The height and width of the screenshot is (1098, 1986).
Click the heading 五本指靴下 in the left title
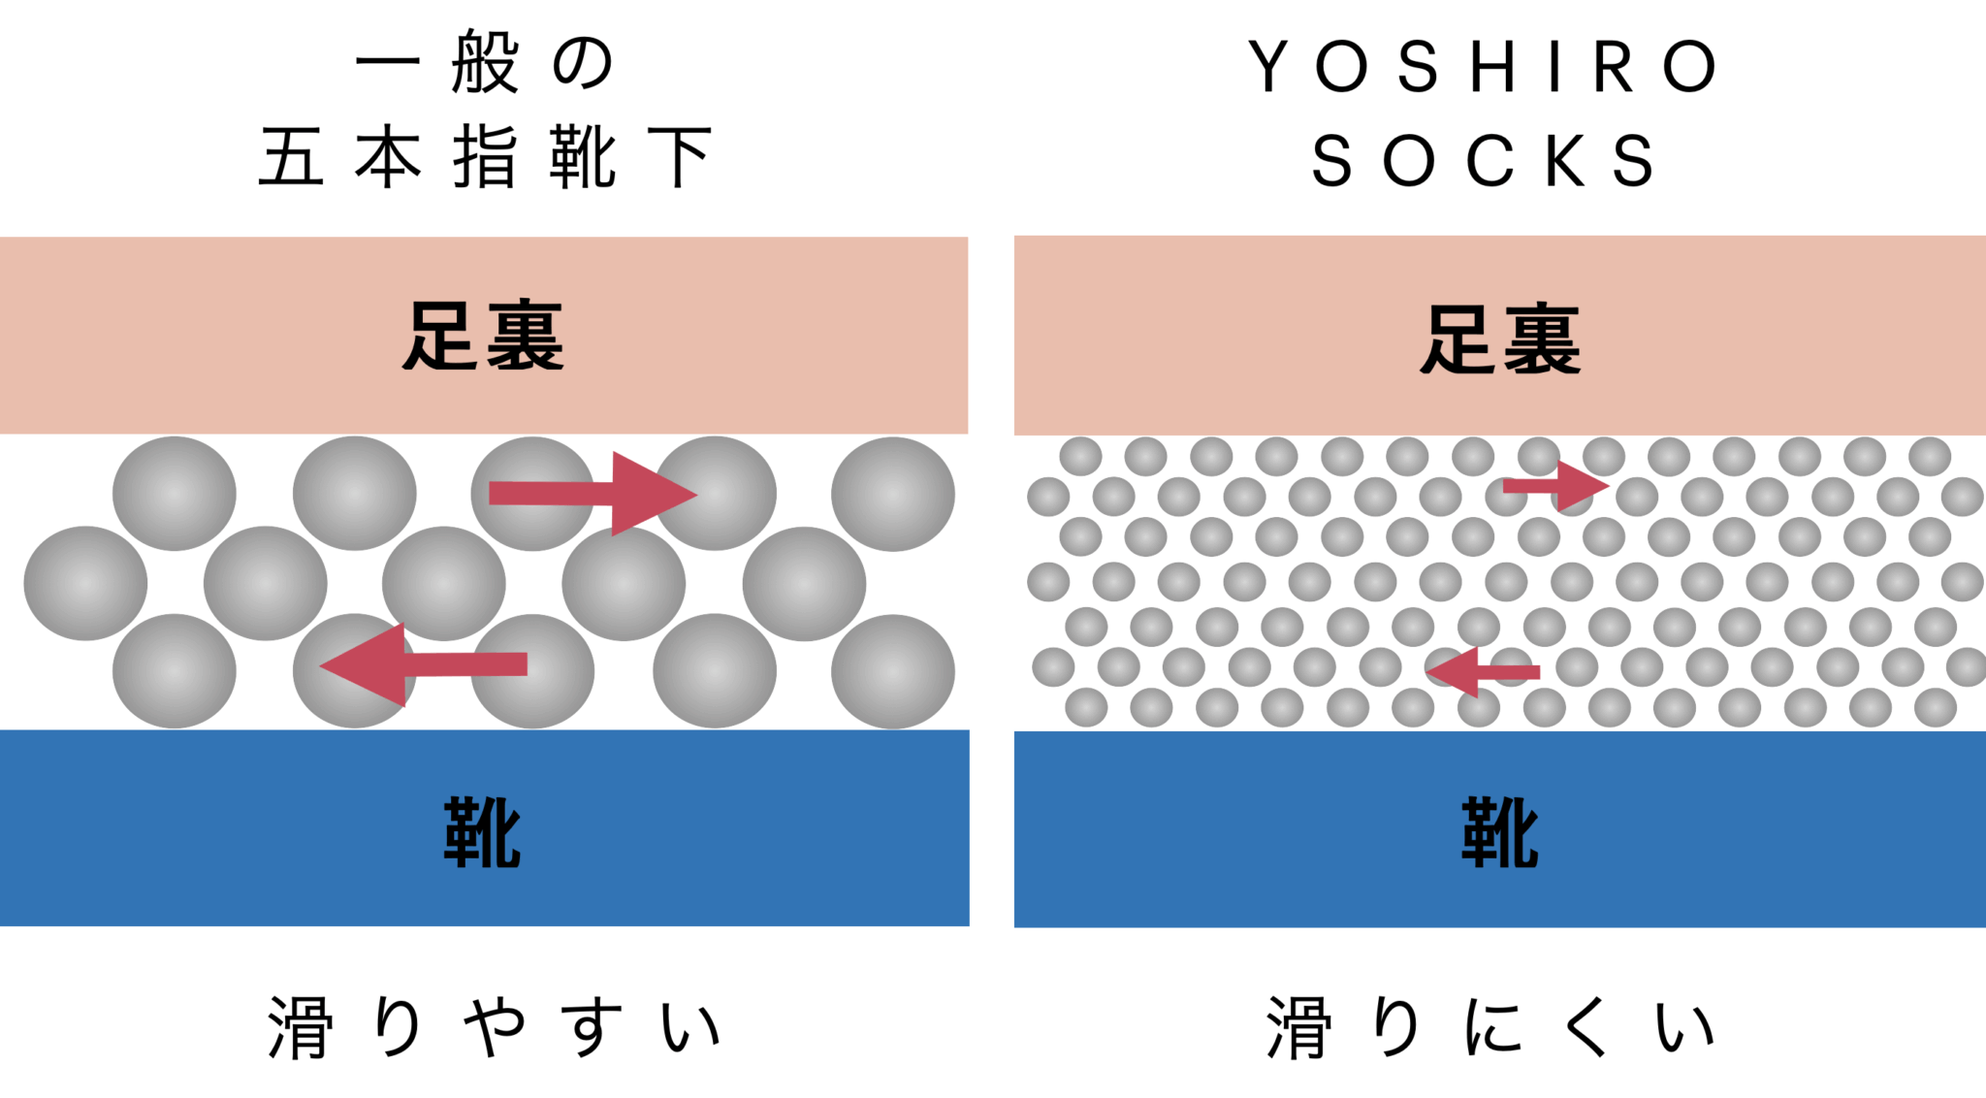485,157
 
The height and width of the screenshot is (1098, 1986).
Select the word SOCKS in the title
1484,161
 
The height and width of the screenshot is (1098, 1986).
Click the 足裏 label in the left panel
483,337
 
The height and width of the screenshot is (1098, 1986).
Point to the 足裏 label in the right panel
1500,339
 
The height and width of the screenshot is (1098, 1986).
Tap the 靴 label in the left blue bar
483,832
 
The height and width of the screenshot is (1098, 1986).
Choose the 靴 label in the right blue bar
1500,832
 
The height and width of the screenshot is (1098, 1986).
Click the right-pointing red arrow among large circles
592,494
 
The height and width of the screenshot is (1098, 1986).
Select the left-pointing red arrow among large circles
424,664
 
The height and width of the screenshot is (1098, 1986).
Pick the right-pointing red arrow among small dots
1555,486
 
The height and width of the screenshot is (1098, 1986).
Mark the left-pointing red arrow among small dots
1483,671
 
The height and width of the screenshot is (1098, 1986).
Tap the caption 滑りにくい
1491,1027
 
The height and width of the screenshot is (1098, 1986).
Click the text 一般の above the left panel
485,63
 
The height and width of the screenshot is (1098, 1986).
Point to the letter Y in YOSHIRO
1268,66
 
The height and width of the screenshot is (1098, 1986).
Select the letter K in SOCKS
1565,161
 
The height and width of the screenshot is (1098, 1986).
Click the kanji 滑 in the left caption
301,1027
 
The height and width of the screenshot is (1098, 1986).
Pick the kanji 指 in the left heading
485,157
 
